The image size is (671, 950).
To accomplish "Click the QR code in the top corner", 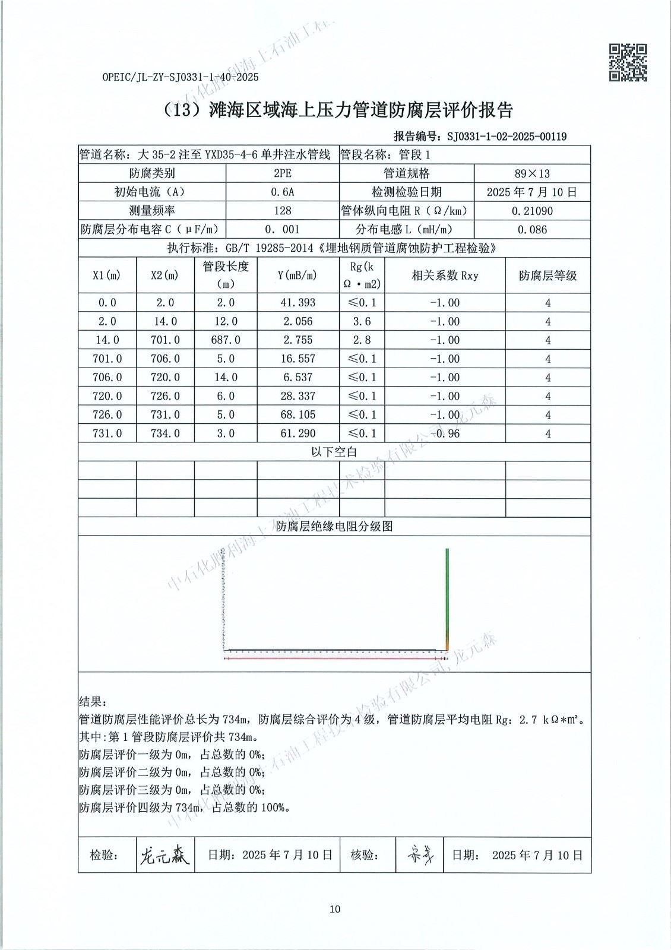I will pyautogui.click(x=628, y=62).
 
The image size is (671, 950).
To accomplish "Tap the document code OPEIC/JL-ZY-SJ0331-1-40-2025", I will pyautogui.click(x=181, y=77).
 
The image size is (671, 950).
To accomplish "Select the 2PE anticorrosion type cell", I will pyautogui.click(x=283, y=173).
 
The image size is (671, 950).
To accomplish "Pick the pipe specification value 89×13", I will pyautogui.click(x=532, y=173).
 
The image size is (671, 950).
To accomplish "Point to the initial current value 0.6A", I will pyautogui.click(x=283, y=192).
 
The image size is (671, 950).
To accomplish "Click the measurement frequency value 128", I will pyautogui.click(x=283, y=211).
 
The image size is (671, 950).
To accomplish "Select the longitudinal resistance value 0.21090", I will pyautogui.click(x=532, y=211).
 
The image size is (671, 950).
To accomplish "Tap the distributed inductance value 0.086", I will pyautogui.click(x=532, y=229).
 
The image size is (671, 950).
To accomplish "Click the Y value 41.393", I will pyautogui.click(x=297, y=303).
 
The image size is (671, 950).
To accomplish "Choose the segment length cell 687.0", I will pyautogui.click(x=226, y=340).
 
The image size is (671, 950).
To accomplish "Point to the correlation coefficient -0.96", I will pyautogui.click(x=445, y=433).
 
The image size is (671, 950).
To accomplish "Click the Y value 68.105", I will pyautogui.click(x=297, y=414).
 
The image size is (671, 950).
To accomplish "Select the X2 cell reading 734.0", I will pyautogui.click(x=165, y=433).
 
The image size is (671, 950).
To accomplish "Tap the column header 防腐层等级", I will pyautogui.click(x=547, y=275).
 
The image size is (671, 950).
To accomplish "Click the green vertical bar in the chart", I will pyautogui.click(x=447, y=597).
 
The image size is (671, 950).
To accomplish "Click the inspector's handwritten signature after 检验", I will pyautogui.click(x=164, y=855).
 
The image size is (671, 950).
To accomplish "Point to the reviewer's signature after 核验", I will pyautogui.click(x=420, y=855).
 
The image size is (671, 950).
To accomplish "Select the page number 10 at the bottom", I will pyautogui.click(x=335, y=909).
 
